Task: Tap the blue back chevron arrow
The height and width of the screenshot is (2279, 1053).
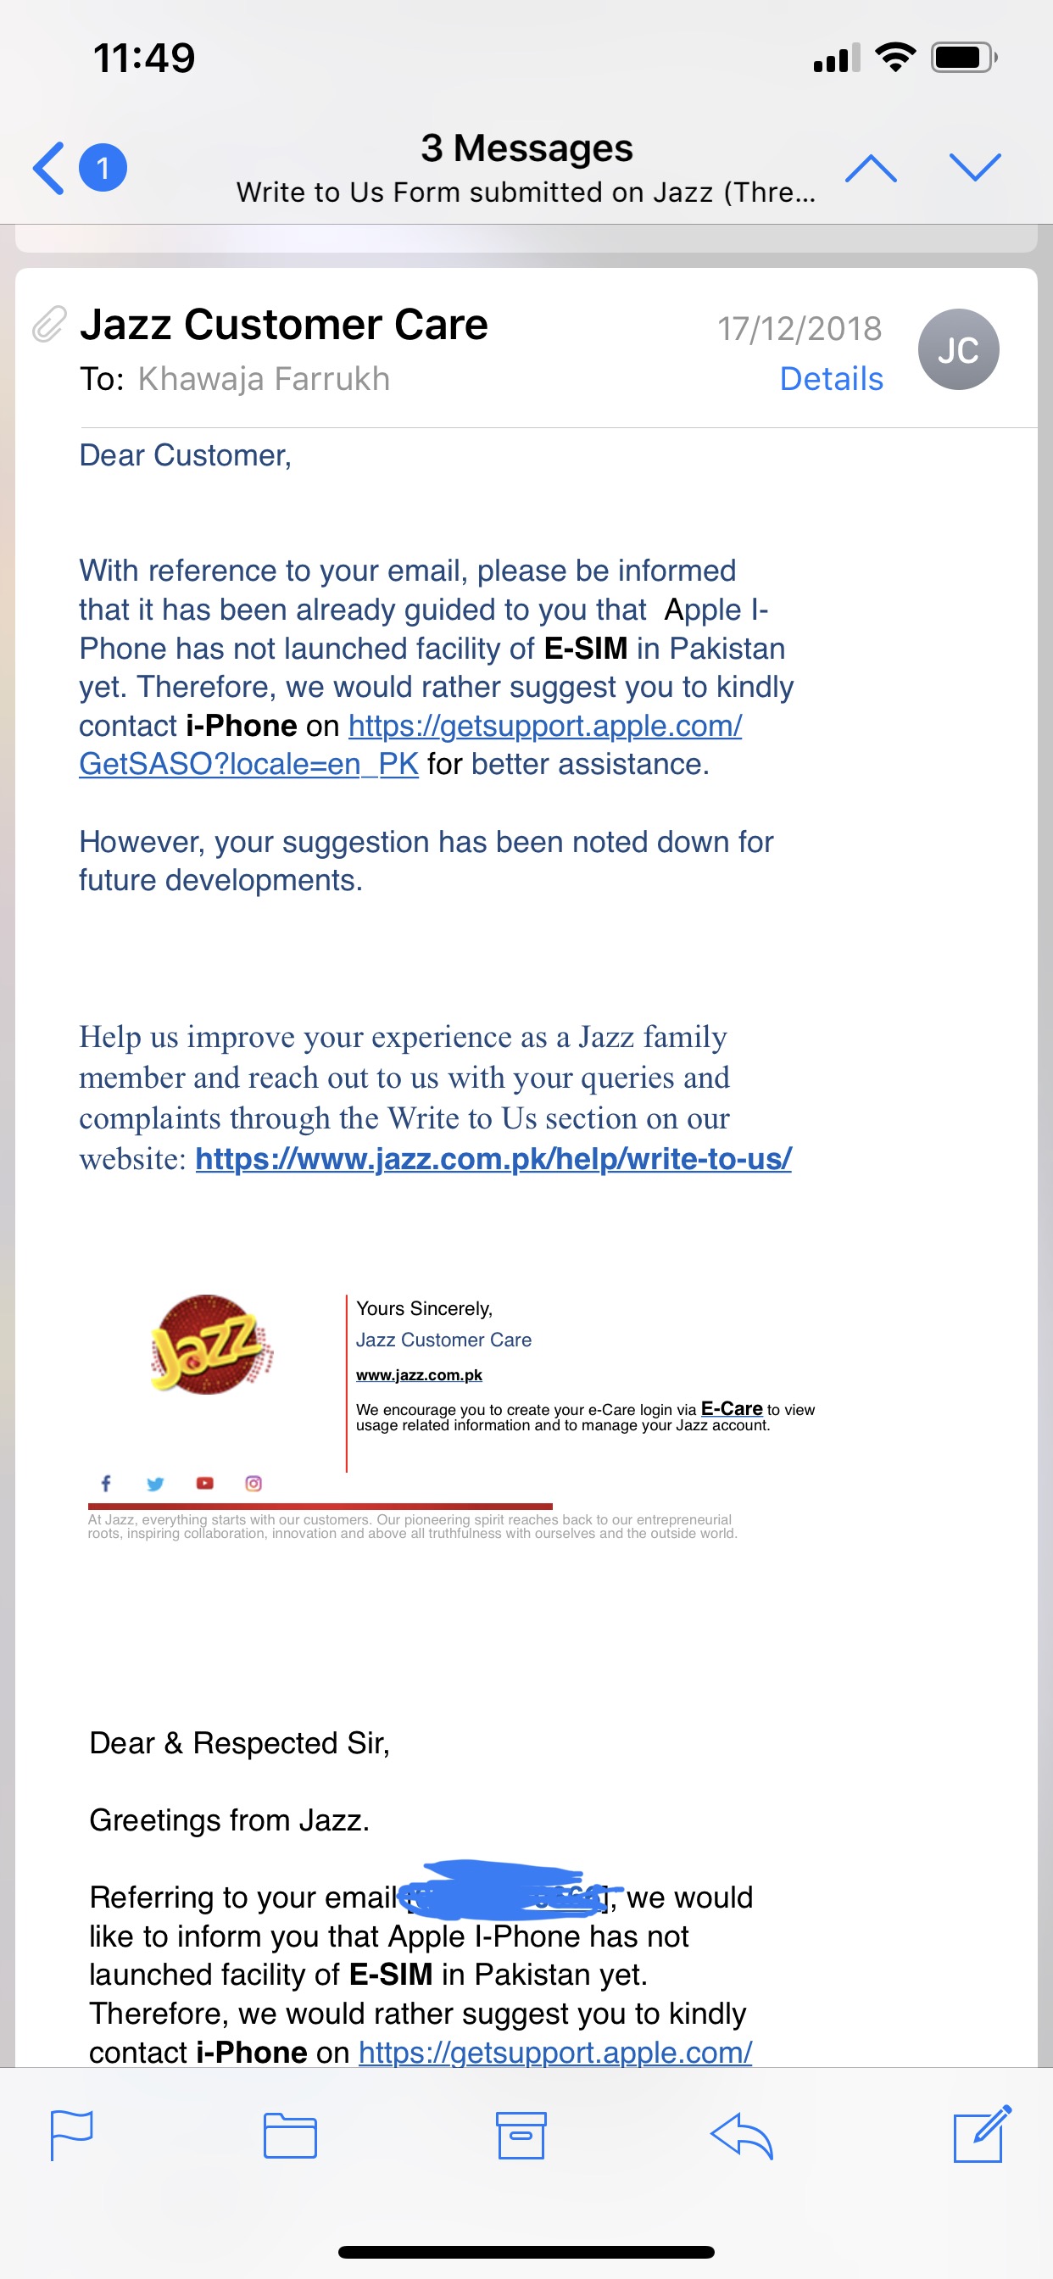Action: (48, 167)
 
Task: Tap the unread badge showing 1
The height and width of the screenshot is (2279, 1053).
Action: (103, 167)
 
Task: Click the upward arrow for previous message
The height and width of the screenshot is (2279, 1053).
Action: (871, 167)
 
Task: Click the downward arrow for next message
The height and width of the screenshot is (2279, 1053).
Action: (974, 167)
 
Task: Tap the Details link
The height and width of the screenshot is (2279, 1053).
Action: (831, 379)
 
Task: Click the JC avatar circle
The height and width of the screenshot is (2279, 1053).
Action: (958, 349)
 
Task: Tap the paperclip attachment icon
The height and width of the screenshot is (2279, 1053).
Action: (49, 325)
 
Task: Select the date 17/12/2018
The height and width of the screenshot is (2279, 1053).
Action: (799, 328)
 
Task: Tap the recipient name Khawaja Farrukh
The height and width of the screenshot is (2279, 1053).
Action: (264, 379)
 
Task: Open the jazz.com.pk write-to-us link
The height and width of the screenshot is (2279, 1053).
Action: (493, 1158)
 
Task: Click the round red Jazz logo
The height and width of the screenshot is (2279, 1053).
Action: (209, 1344)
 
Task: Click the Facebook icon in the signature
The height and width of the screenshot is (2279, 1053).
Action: (105, 1483)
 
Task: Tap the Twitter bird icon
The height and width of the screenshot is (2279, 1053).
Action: (155, 1484)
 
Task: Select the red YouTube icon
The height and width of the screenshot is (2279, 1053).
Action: (204, 1483)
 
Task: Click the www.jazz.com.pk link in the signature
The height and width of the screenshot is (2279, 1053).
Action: (419, 1375)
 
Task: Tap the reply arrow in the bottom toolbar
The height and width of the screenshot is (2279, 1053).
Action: (742, 2136)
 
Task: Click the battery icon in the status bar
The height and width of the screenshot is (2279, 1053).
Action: (963, 59)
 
